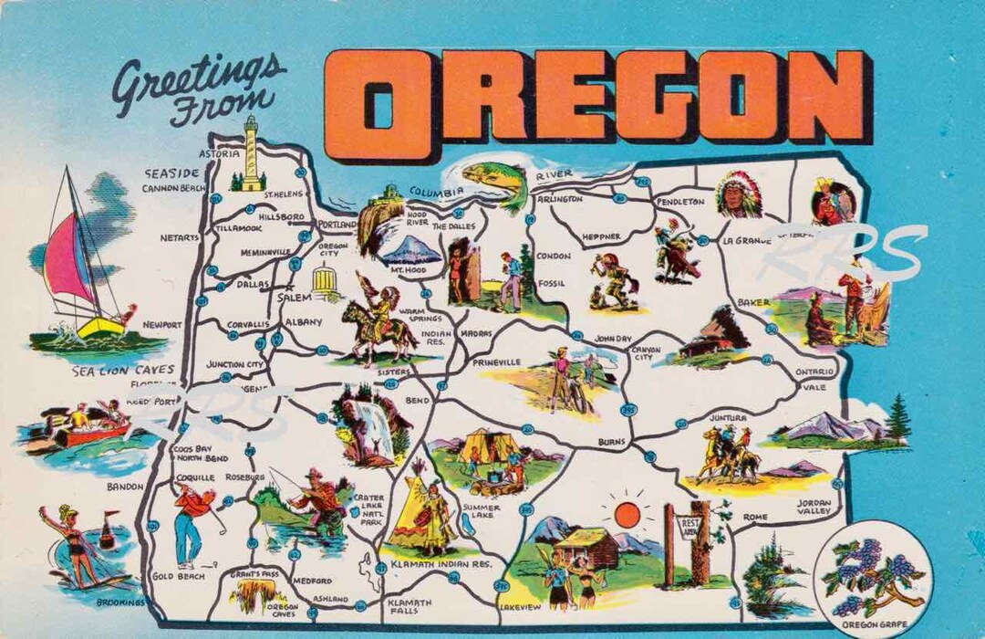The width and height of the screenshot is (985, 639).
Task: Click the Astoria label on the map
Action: coord(219,154)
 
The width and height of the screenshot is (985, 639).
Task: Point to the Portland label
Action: coord(337,224)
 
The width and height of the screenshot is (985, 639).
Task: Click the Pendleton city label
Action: coord(680,201)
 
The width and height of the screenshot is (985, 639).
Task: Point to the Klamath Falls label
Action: coord(400,607)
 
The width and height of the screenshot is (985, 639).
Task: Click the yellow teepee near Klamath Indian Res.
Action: coord(418,511)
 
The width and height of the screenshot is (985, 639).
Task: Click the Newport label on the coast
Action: coord(162,324)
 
